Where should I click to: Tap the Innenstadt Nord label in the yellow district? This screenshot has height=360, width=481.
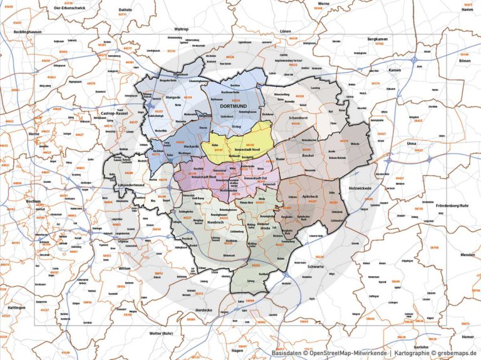[249, 150]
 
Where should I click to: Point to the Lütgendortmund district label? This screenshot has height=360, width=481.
[130, 185]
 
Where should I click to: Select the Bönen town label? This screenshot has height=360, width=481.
[464, 61]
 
